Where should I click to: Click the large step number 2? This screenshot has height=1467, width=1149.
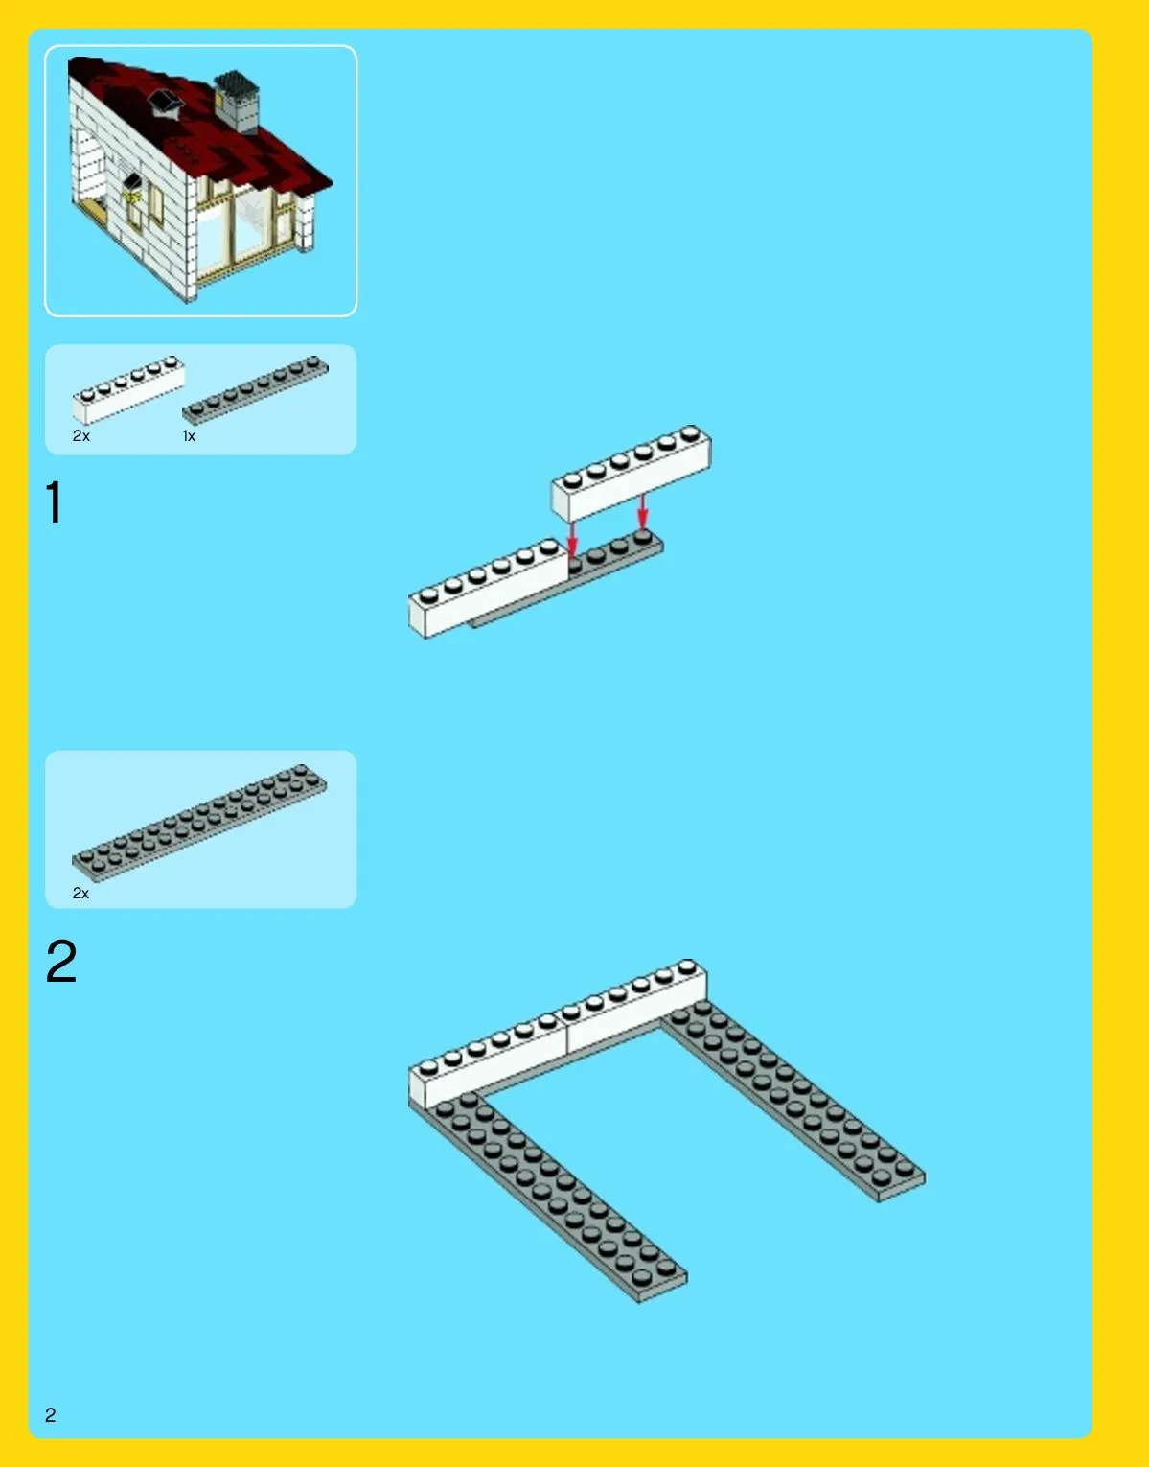[60, 961]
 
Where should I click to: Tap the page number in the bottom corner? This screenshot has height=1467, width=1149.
[51, 1414]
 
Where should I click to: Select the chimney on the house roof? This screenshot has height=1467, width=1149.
[237, 102]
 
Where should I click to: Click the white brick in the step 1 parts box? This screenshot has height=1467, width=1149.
[128, 389]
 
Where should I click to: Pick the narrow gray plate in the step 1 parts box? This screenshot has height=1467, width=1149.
[255, 389]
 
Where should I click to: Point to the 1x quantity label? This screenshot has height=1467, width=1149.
[189, 436]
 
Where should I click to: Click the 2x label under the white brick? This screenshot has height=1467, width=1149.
[80, 436]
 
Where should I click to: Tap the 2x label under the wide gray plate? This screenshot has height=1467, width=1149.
[80, 894]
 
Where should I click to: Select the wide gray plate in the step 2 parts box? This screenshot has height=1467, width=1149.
[199, 823]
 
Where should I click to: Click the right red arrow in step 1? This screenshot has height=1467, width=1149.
[642, 512]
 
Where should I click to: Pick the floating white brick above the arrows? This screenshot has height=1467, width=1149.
[631, 473]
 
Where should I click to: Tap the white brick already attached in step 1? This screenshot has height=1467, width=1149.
[488, 588]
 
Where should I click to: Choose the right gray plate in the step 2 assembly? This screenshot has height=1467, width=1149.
[793, 1102]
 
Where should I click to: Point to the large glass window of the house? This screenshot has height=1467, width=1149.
[245, 229]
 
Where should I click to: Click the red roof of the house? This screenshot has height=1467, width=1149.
[202, 122]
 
